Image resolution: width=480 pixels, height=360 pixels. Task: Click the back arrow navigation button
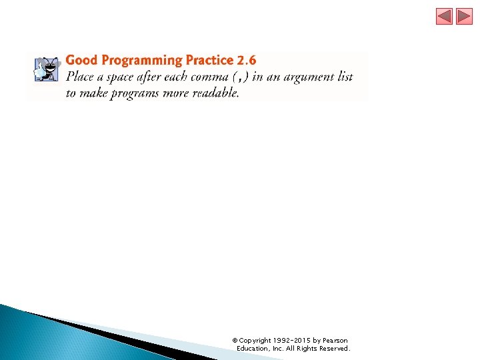click(444, 17)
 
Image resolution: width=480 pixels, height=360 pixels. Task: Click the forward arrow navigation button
click(464, 17)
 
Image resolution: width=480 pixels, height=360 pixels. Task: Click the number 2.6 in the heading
click(247, 61)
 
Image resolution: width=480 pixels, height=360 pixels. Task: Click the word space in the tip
click(120, 77)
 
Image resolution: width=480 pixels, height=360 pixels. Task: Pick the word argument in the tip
click(309, 77)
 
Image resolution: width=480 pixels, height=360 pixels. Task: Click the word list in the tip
click(345, 77)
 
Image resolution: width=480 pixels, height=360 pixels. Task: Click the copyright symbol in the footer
click(234, 341)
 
